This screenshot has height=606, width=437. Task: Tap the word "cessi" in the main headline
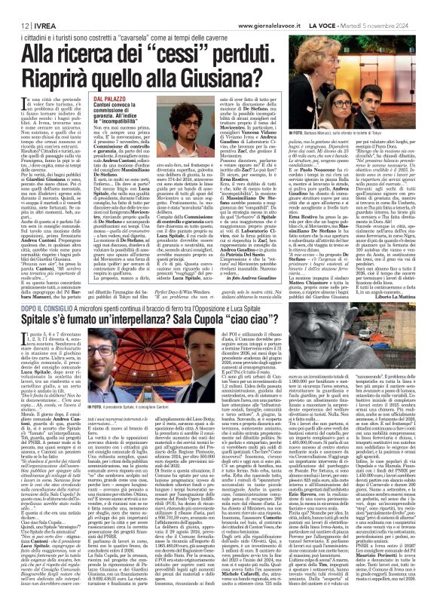[196, 52]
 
